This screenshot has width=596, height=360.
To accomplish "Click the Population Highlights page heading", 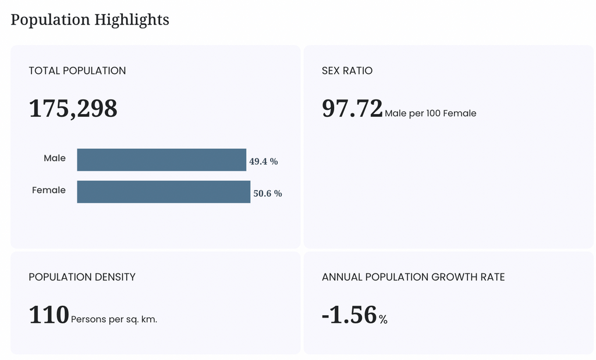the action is (90, 20).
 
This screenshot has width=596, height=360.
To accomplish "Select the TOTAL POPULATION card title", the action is (77, 70).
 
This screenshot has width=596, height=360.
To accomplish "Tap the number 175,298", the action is (73, 109).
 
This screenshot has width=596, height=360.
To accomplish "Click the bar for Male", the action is (162, 160).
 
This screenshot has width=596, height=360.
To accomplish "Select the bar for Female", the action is (164, 192).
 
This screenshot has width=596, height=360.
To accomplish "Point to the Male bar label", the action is (55, 158).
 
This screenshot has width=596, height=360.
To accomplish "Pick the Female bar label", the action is (49, 190).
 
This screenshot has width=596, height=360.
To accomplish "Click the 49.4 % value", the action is (264, 162).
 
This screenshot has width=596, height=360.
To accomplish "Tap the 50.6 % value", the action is (268, 193).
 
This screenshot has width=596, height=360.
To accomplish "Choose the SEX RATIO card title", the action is (347, 70).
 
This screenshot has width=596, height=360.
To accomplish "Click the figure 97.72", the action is (352, 109).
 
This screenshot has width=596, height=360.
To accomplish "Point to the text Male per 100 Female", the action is (430, 113).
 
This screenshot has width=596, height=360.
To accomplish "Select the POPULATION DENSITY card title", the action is (82, 277).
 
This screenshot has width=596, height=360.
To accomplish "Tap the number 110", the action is (49, 315).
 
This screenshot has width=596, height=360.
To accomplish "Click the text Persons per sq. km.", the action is (114, 319).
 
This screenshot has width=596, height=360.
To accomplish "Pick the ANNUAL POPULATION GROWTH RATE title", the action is (413, 277).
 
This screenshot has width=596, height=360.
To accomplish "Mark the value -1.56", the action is (349, 315).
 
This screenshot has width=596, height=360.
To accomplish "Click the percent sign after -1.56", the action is (383, 319).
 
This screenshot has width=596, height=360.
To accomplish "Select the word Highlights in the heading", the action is (132, 20).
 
